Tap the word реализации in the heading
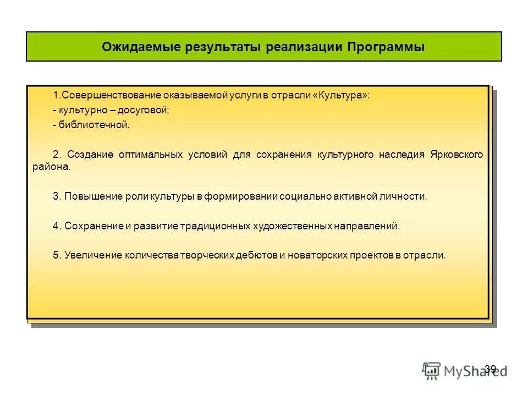pyautogui.click(x=304, y=47)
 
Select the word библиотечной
pyautogui.click(x=94, y=125)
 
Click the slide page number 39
pyautogui.click(x=491, y=369)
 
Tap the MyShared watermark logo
pyautogui.click(x=465, y=370)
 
